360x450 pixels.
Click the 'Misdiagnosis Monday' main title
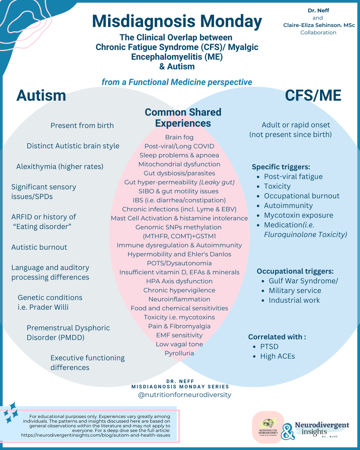tap(177, 22)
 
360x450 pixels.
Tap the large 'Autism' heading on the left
tap(41, 96)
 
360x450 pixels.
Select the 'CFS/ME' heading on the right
tap(313, 96)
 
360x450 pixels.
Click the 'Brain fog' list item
tap(179, 137)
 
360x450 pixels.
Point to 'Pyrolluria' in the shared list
tap(179, 353)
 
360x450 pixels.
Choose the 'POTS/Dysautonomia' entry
tap(179, 263)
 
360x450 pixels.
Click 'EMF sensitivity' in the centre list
tap(179, 335)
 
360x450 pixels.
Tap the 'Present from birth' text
tap(82, 126)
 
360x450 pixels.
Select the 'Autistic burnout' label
tap(39, 247)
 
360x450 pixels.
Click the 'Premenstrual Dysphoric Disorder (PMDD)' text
tap(68, 333)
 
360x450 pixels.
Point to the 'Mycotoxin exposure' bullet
tap(298, 215)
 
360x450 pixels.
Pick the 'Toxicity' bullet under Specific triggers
tap(277, 186)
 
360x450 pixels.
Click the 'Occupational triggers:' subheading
tap(295, 271)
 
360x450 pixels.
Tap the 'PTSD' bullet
tap(269, 346)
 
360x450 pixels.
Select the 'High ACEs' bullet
tap(277, 356)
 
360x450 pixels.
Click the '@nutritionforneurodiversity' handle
tap(185, 395)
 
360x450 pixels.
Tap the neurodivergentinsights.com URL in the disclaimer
tap(95, 435)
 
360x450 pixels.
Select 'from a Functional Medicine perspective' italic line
tap(177, 82)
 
